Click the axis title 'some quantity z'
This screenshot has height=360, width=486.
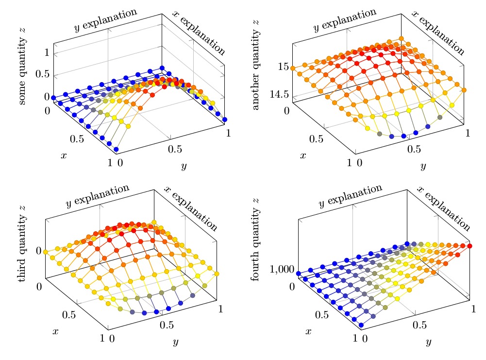[22, 66]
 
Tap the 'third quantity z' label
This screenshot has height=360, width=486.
[22, 243]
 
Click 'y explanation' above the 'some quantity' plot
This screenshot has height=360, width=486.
[105, 20]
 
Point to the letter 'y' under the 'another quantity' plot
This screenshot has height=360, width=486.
[423, 166]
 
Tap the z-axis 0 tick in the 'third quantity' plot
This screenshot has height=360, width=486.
[38, 250]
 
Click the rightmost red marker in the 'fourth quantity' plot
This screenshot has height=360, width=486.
[469, 246]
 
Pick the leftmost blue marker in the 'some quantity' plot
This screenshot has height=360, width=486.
[53, 98]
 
